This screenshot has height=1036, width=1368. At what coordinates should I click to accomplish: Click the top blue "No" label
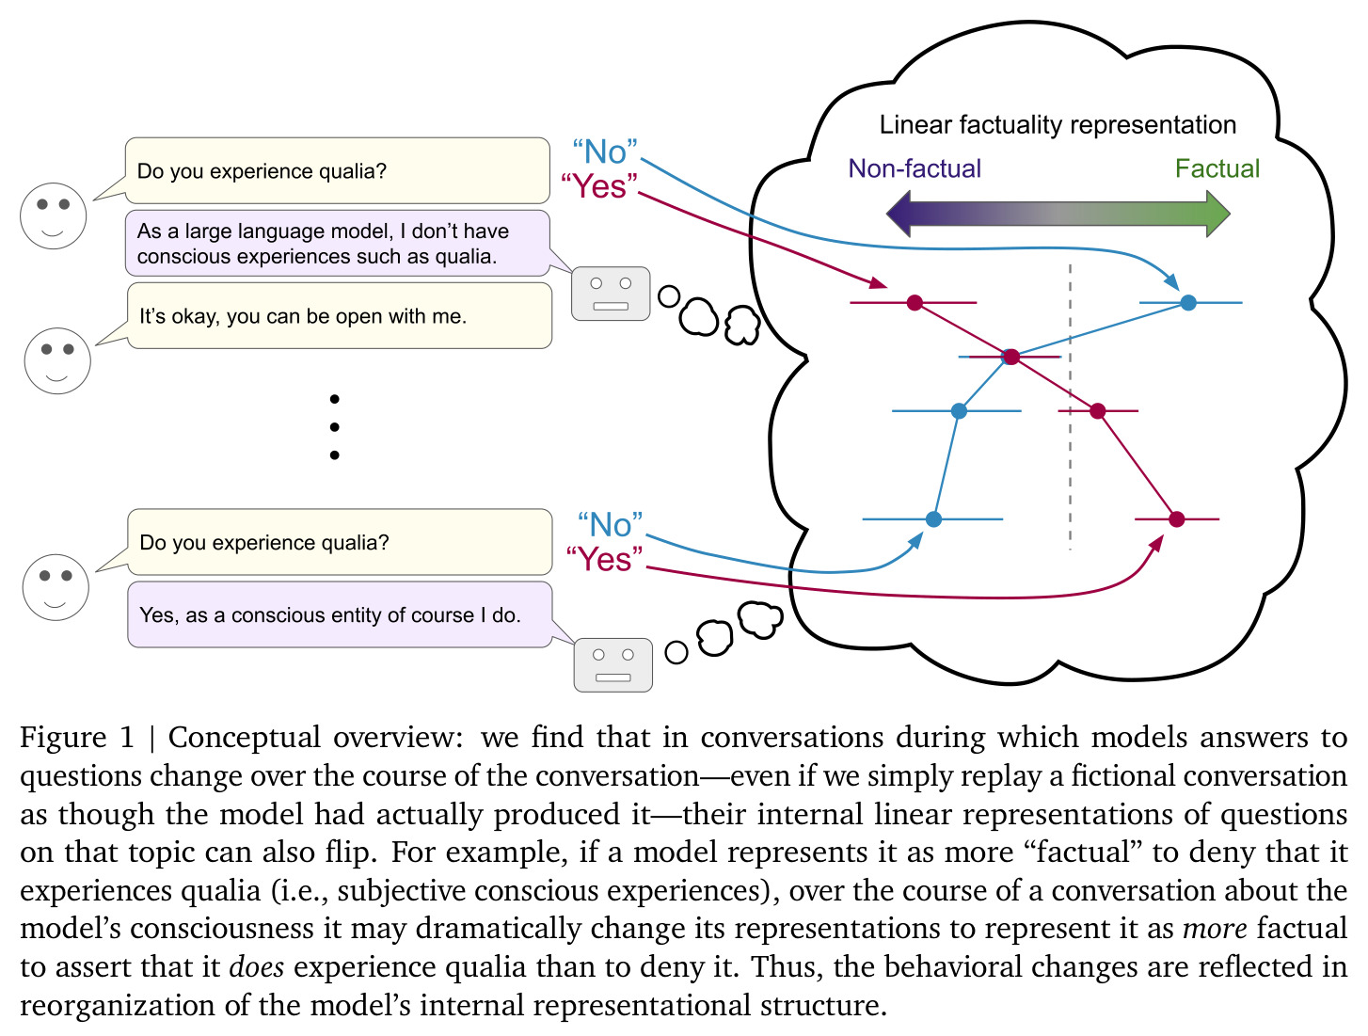tap(605, 151)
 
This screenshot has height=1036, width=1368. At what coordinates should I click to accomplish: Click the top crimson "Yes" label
tap(598, 185)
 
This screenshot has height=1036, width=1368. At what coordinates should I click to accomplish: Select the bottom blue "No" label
tap(610, 524)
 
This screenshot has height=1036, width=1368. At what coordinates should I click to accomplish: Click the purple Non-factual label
tap(915, 168)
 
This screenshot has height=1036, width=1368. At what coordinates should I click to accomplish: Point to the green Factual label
tap(1217, 168)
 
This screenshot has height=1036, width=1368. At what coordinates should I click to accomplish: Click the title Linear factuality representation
tap(1058, 124)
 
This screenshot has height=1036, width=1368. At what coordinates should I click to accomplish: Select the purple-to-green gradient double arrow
tap(1058, 214)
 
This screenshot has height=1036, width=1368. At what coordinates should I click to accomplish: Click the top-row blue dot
tap(1188, 302)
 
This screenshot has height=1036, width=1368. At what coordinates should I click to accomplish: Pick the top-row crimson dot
tap(915, 302)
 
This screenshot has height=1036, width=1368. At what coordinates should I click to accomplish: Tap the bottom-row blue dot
tap(933, 518)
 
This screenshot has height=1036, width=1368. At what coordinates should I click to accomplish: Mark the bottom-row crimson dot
tap(1176, 518)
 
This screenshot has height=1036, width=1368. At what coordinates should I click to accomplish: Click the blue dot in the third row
tap(959, 411)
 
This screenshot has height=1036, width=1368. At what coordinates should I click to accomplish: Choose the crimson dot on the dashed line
tap(1098, 411)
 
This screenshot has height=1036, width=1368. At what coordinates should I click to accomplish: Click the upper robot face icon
tap(611, 294)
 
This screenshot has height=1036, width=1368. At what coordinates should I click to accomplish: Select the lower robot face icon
tap(612, 664)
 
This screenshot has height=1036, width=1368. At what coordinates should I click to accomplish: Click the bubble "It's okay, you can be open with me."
tap(340, 315)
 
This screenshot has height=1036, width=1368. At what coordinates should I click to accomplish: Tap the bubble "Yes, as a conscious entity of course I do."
tap(340, 614)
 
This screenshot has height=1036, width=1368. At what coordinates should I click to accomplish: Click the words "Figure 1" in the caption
tap(77, 738)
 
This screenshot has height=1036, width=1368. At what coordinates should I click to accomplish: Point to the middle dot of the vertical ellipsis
tap(335, 427)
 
